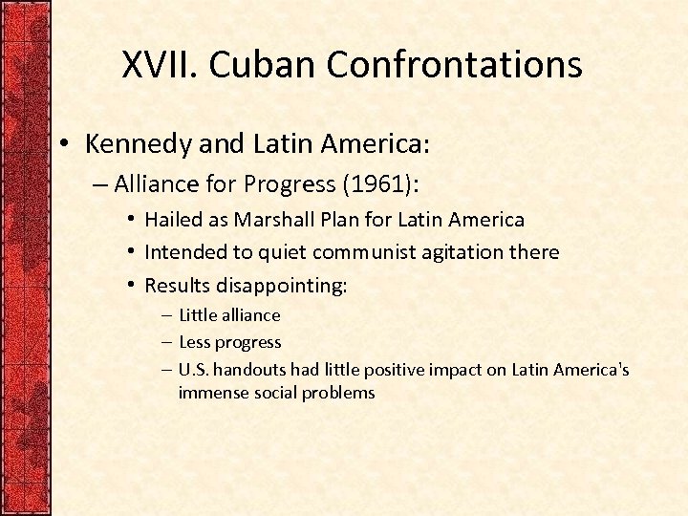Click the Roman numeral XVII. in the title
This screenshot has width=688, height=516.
pyautogui.click(x=161, y=65)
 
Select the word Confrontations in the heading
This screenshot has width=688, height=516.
pyautogui.click(x=454, y=65)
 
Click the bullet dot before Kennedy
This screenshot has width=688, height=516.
pyautogui.click(x=61, y=144)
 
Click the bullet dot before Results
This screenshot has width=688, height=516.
pyautogui.click(x=132, y=285)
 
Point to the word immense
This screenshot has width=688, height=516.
pyautogui.click(x=212, y=393)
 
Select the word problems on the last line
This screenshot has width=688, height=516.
pyautogui.click(x=338, y=393)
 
